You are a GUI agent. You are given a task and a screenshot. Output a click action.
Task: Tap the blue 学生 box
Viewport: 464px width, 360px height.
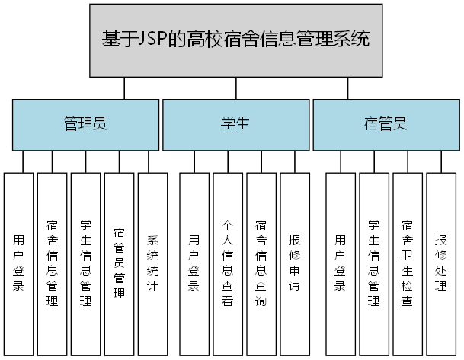coord(235,124)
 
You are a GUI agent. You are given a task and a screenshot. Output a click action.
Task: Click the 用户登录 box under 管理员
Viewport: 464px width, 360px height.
coord(19,263)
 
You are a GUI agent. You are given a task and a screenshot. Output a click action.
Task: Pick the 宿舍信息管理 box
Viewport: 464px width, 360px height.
coord(53,263)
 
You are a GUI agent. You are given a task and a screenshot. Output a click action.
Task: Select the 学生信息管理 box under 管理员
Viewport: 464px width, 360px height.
coord(86,263)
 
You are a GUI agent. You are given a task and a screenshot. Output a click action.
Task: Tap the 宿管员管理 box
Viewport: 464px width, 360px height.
coord(120,263)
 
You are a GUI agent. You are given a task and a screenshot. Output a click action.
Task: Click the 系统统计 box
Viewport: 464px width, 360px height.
coord(152,263)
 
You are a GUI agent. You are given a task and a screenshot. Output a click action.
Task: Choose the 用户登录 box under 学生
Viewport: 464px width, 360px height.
coord(194,263)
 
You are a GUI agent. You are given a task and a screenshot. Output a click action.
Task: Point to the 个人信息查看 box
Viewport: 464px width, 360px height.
coord(228,263)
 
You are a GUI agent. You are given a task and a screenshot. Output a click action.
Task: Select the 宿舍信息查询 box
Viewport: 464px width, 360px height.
coord(261,263)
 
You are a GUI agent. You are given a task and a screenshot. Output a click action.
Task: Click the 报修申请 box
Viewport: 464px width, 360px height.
coord(295,263)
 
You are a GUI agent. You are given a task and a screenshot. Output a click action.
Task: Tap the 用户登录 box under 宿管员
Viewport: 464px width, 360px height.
coord(341,263)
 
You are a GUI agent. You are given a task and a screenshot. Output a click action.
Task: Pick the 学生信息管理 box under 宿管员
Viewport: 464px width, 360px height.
coord(374,263)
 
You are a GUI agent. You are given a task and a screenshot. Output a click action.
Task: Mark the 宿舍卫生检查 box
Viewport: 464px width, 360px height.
coord(408,263)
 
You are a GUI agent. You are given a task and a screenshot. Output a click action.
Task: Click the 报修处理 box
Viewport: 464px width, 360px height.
coord(440,263)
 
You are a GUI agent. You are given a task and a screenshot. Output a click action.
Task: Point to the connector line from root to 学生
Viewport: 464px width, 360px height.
coord(235,88)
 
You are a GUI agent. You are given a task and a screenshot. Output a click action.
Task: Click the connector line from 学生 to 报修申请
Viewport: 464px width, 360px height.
coord(295,161)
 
